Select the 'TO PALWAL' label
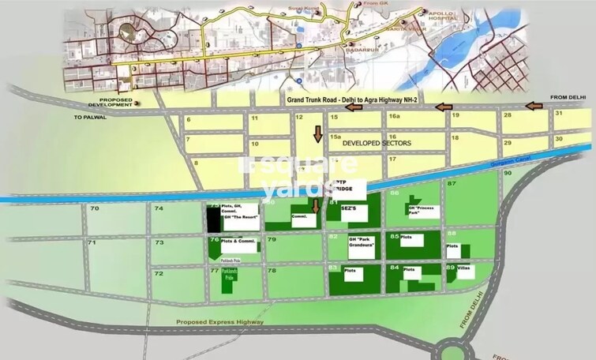tap(89, 116)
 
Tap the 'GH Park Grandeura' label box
tap(364, 248)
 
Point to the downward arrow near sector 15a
tap(318, 133)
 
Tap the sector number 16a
tap(394, 117)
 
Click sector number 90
tap(508, 172)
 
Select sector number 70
tap(94, 208)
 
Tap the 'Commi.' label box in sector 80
tap(302, 219)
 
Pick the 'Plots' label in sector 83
tap(350, 271)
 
